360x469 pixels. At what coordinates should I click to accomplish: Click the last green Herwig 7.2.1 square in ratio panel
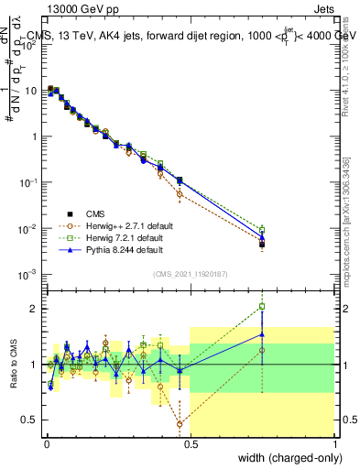click(x=262, y=307)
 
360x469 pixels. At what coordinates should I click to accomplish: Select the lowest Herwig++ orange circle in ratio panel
click(x=180, y=424)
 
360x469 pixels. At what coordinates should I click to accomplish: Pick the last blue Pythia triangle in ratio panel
click(x=262, y=334)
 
